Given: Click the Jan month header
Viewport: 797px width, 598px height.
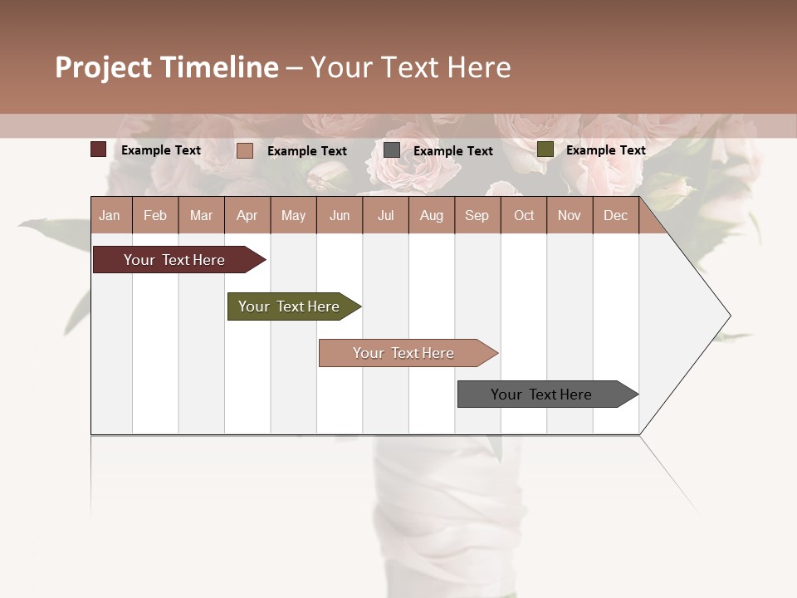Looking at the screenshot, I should click(110, 215).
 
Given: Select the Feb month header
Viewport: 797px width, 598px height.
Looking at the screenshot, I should click(155, 215).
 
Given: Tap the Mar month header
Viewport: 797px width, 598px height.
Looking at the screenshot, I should click(201, 215).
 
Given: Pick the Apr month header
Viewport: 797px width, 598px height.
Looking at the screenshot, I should click(247, 215).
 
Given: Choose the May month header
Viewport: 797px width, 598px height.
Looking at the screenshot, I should click(293, 215).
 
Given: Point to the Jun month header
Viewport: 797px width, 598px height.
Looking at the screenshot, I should click(340, 215).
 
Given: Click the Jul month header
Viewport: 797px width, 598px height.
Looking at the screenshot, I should click(385, 215).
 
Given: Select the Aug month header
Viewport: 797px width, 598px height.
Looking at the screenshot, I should click(431, 215).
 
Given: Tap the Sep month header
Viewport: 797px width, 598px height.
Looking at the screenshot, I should click(477, 215).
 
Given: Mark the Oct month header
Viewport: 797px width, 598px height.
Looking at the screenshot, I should click(524, 215).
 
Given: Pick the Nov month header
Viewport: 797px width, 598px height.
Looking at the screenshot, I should click(570, 215).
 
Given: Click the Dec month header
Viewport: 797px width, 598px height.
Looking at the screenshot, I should click(615, 215).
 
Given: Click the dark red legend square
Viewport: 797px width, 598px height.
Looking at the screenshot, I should click(98, 149).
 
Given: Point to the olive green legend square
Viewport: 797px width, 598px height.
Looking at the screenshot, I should click(545, 149).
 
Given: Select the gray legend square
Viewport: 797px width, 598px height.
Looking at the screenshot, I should click(392, 150).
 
